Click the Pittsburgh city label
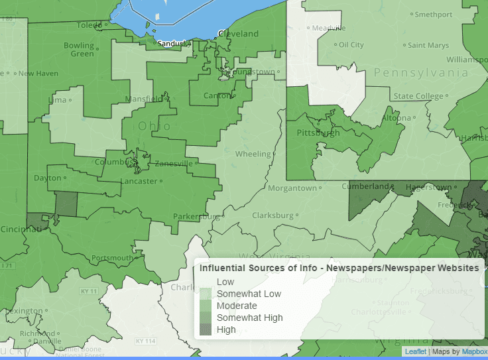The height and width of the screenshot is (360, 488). [x=318, y=133]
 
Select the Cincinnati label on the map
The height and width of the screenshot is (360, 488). [x=19, y=228]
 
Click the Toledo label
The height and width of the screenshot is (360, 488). [x=90, y=25]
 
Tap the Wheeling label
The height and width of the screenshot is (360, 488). [x=253, y=154]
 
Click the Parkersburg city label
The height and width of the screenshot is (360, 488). [x=196, y=216]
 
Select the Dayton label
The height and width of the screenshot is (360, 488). [x=47, y=178]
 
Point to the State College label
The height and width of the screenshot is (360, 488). [x=418, y=96]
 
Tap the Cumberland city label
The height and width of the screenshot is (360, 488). [x=365, y=186]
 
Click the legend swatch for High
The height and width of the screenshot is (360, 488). [x=206, y=330]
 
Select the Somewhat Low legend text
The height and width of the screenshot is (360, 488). [x=249, y=294]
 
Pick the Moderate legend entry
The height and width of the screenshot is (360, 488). [x=237, y=306]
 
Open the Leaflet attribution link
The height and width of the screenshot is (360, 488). [x=416, y=351]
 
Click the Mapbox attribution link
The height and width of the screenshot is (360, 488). [x=474, y=351]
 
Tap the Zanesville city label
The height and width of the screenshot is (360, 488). [x=174, y=164]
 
